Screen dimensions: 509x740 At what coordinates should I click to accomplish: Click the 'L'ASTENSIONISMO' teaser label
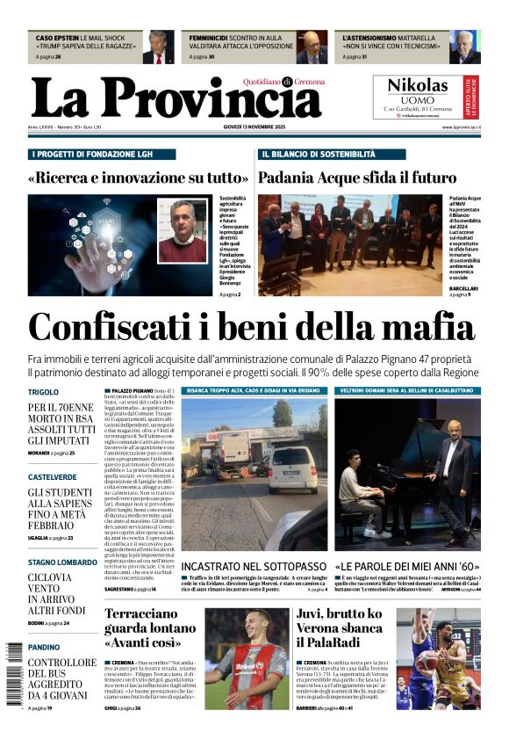tap(373, 39)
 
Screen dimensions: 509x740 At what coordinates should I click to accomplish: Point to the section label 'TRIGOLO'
tap(43, 392)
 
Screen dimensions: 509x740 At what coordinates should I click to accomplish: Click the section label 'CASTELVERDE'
tap(52, 477)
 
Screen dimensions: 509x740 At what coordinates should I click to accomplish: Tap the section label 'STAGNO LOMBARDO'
tap(62, 562)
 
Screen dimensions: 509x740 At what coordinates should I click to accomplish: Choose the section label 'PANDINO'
tap(44, 647)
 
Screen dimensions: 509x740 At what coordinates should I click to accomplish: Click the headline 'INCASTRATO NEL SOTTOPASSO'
tap(254, 568)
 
